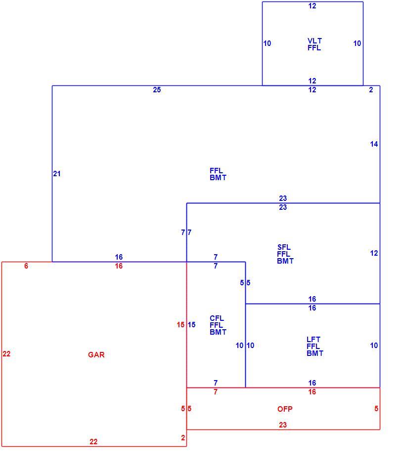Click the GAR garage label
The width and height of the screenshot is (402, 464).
[x=96, y=354]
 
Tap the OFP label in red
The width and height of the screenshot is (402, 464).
[x=285, y=409]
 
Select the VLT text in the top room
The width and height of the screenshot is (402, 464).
[x=314, y=40]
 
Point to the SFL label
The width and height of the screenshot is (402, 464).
[x=284, y=247]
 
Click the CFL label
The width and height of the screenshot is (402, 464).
[x=217, y=318]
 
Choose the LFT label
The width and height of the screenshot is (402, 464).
[x=313, y=340]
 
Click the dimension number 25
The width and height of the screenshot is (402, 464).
[x=157, y=90]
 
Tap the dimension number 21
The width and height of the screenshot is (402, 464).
[x=57, y=174]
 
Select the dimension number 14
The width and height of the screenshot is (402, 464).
[x=374, y=144]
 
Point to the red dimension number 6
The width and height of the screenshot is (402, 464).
[x=26, y=266]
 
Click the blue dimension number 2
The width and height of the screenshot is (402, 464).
[x=371, y=90]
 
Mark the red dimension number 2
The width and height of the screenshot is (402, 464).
[x=183, y=438]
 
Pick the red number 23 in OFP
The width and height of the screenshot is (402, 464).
[x=283, y=425]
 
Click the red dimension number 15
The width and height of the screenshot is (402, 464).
[x=180, y=325]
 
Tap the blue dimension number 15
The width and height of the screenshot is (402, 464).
[x=191, y=325]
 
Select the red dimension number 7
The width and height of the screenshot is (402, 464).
[x=216, y=392]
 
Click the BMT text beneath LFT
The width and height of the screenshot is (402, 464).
[x=315, y=353]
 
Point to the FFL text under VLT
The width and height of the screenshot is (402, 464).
[x=314, y=48]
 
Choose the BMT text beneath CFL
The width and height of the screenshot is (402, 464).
[x=218, y=332]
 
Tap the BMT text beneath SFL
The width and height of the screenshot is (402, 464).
[x=285, y=261]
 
